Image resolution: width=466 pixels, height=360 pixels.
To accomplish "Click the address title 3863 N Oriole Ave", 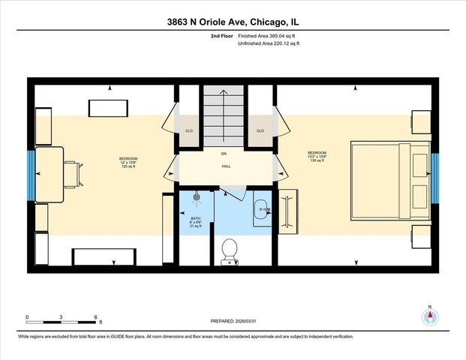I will [233, 22].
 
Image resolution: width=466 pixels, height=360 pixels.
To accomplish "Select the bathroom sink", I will [260, 209].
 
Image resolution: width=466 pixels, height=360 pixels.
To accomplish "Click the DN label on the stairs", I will [224, 154].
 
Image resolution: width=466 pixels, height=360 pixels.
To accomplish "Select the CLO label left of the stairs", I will [189, 130].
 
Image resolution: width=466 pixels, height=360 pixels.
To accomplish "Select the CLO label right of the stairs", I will [260, 130].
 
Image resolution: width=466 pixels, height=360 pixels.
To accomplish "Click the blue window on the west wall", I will [31, 175].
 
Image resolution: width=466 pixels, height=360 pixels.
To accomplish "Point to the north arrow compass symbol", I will [430, 316].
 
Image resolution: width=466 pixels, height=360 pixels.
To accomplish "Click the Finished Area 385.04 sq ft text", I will [268, 35].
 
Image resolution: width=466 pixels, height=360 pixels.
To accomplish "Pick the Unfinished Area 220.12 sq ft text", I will [268, 43].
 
